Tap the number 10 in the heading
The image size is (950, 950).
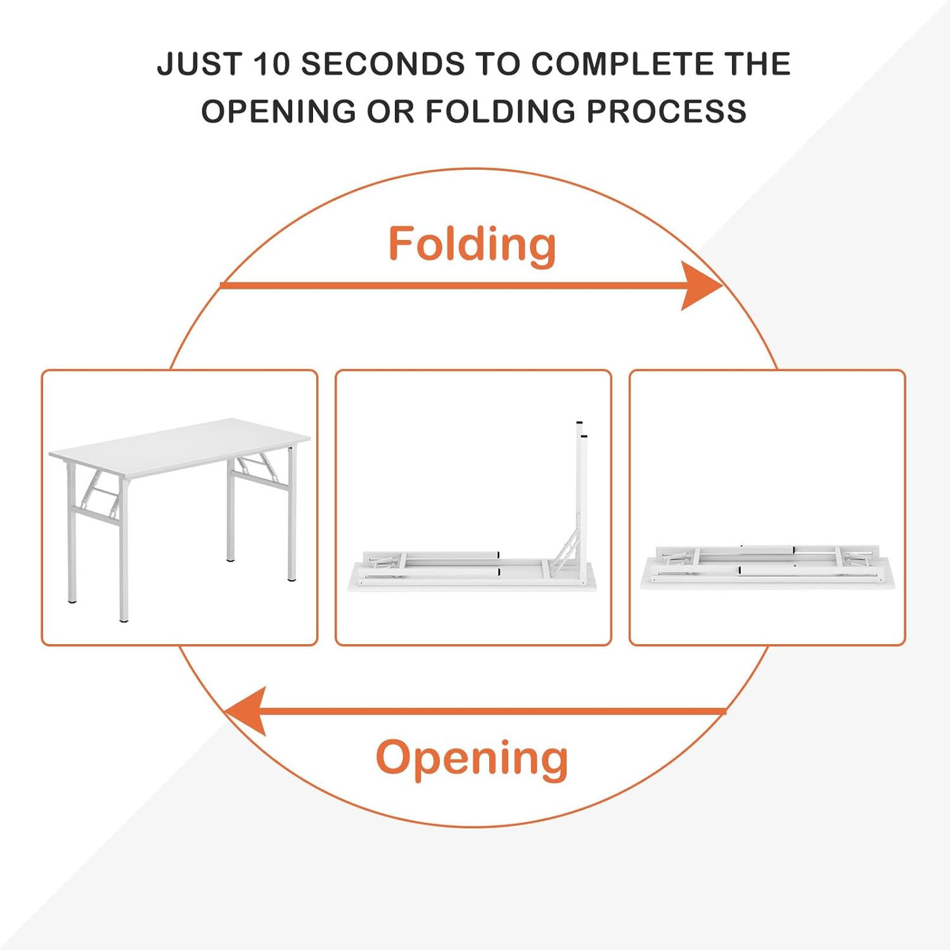pyautogui.click(x=272, y=65)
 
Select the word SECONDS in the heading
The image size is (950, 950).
pyautogui.click(x=383, y=65)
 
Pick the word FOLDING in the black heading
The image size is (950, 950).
pyautogui.click(x=501, y=111)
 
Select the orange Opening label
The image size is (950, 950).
pyautogui.click(x=472, y=759)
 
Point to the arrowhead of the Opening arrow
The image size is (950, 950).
pyautogui.click(x=245, y=711)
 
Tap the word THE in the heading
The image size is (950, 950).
pyautogui.click(x=759, y=65)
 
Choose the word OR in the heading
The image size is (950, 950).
pyautogui.click(x=390, y=111)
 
